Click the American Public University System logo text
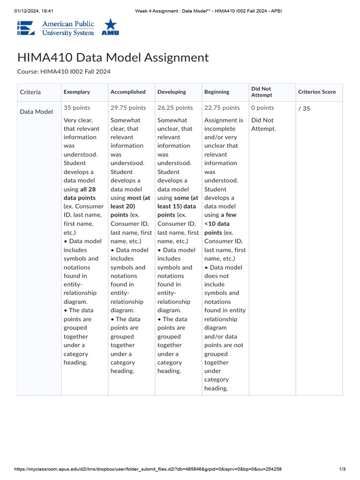(x=67, y=28)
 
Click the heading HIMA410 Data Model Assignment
(x=113, y=58)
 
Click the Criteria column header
(x=30, y=92)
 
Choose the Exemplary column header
(x=77, y=92)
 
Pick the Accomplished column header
(x=128, y=92)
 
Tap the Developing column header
(x=172, y=92)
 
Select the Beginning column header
(x=217, y=92)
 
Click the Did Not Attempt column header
(x=261, y=92)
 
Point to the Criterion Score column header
(x=317, y=92)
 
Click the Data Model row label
(x=36, y=112)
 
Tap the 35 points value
(x=77, y=108)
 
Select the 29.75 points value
(x=128, y=108)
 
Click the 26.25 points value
(x=175, y=108)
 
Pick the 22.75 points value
(x=222, y=108)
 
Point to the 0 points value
(x=262, y=108)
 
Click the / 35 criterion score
(x=304, y=109)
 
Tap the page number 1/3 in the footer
(x=342, y=469)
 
